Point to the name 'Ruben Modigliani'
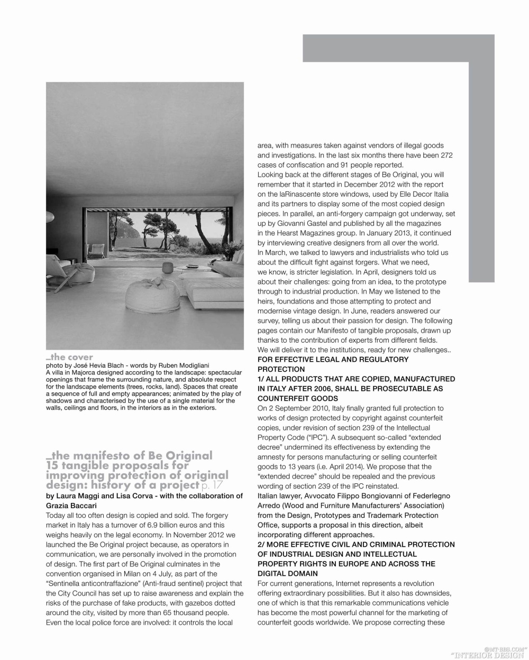point(176,365)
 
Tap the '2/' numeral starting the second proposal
point(262,544)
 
